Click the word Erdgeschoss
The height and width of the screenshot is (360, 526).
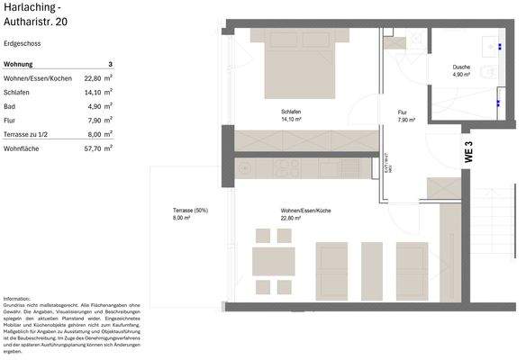[22, 42]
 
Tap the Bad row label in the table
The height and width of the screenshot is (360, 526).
[10, 105]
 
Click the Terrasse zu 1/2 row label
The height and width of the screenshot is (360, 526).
[28, 133]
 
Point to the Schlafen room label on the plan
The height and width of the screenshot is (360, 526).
[290, 112]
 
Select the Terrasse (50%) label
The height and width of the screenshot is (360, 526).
[189, 211]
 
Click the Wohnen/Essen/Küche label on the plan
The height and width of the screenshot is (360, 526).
[305, 211]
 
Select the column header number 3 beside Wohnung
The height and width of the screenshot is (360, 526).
[110, 64]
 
